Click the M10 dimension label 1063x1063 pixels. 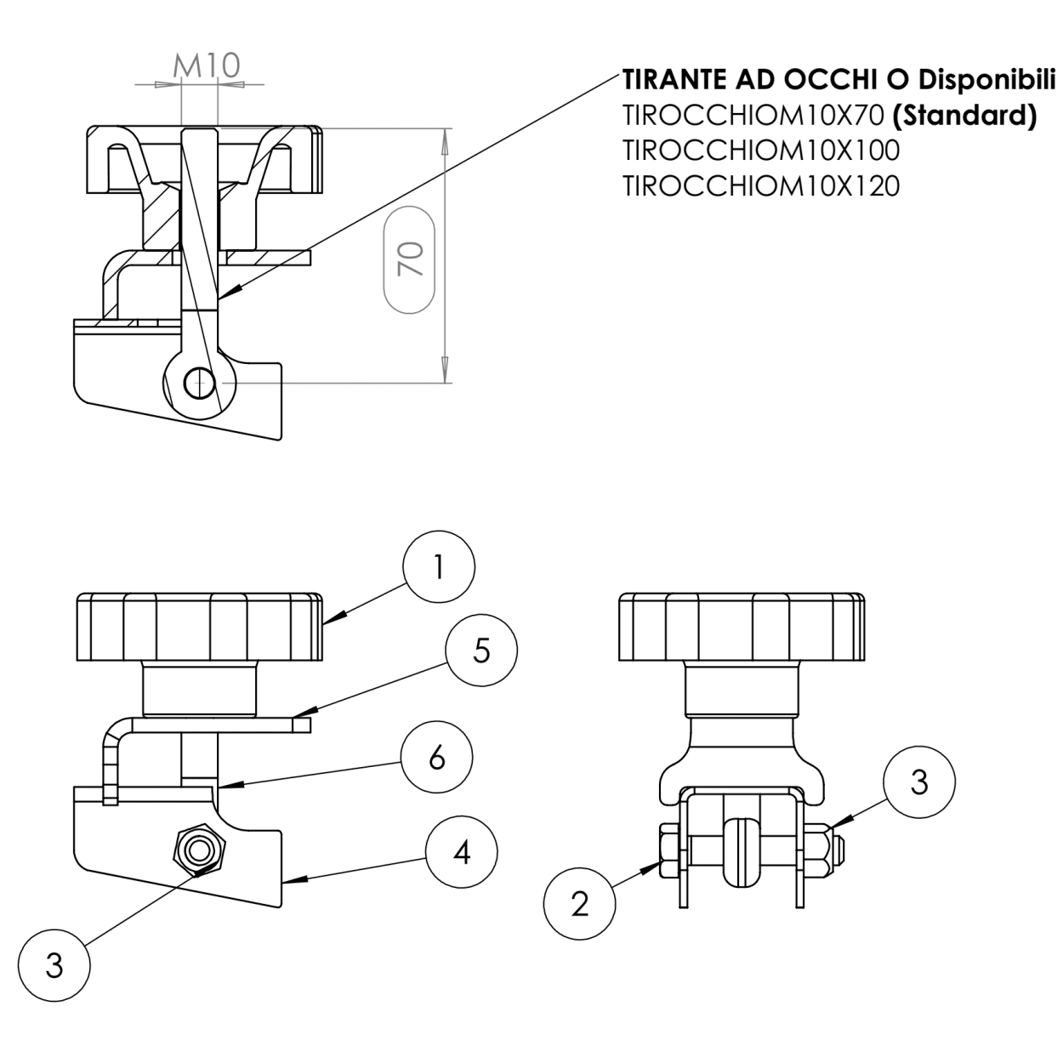207,65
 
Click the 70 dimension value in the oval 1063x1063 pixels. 410,258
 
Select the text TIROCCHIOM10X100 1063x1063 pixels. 760,151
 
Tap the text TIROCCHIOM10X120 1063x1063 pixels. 760,185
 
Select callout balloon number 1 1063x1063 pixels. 439,568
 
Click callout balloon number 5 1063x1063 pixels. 482,652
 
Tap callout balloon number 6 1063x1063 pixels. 437,756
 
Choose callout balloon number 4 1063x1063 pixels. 462,851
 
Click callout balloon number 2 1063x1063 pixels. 580,903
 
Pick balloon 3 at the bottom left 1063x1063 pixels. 54,966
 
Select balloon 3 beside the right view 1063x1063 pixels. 918,782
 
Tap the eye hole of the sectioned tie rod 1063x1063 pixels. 195,384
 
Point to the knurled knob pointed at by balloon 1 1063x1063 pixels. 200,628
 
